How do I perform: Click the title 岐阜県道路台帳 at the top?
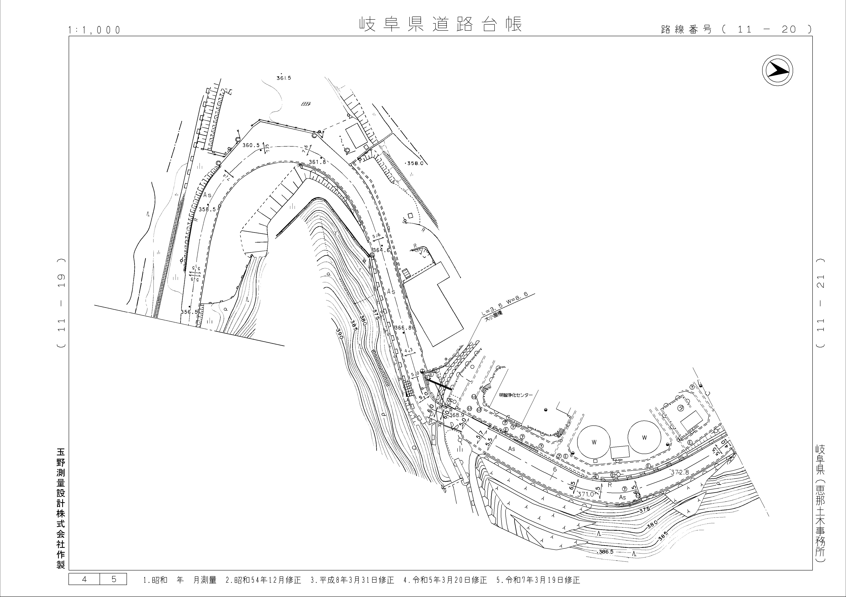[x=440, y=24]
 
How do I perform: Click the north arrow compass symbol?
[x=778, y=70]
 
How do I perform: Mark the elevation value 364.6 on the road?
[x=381, y=250]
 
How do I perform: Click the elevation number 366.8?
[x=403, y=327]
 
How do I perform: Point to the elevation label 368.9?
[x=457, y=415]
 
